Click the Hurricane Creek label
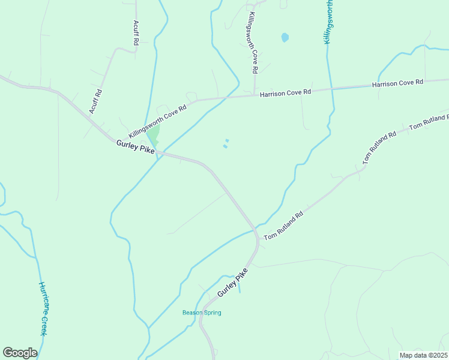point(43,308)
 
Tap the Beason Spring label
point(202,313)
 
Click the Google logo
point(20,353)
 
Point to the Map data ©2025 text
point(423,355)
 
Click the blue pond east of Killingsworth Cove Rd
point(285,37)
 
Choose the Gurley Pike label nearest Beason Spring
point(233,282)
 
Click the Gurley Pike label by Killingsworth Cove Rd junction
point(136,146)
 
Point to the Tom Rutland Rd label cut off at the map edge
point(429,122)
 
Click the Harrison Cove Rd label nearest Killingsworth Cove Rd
point(286,92)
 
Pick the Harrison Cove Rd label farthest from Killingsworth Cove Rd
point(397,83)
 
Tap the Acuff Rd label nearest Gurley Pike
point(95,101)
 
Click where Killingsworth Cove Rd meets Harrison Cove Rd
point(255,95)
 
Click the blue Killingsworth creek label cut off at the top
point(329,21)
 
